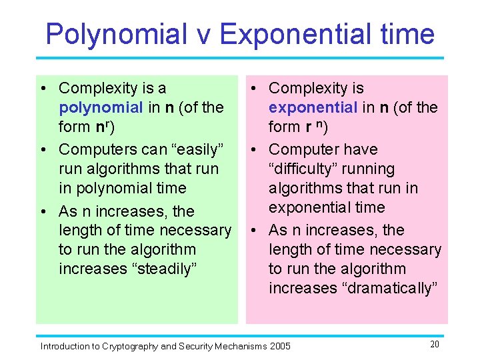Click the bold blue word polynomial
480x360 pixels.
click(x=101, y=107)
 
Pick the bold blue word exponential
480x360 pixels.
click(x=313, y=107)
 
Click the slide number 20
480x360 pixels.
click(x=435, y=344)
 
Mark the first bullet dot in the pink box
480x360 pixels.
click(x=256, y=89)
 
